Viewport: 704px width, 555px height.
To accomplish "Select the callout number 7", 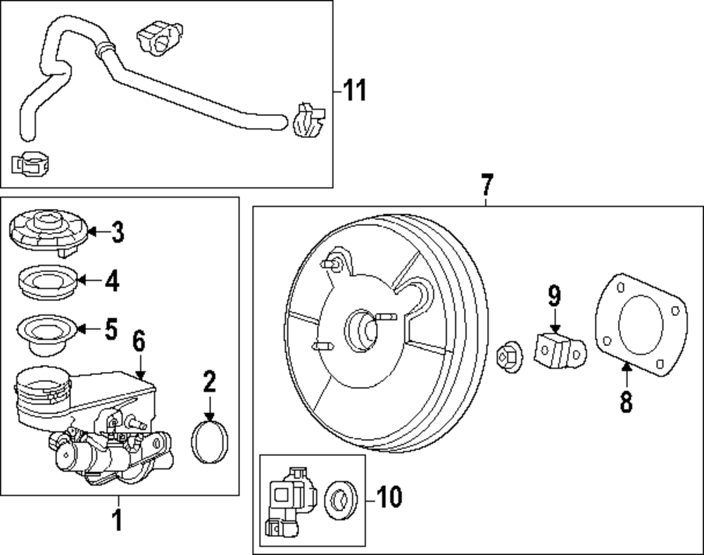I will pos(486,186).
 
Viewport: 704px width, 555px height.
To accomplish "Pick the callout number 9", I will pos(554,296).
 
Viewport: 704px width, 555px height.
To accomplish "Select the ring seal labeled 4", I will pos(46,282).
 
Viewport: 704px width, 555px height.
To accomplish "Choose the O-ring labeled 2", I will pos(210,444).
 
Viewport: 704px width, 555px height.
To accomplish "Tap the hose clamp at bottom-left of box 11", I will pos(31,163).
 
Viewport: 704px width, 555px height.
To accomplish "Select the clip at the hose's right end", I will pos(306,120).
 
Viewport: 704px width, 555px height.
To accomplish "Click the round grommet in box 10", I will pos(341,501).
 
